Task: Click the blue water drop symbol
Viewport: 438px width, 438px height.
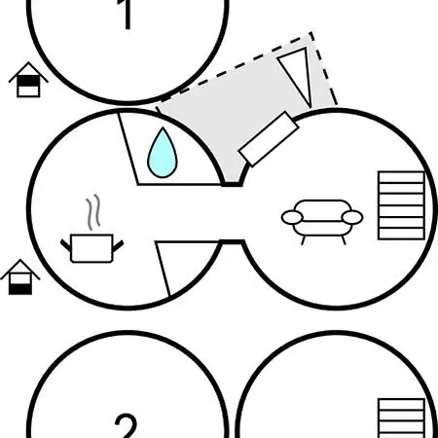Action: tap(163, 154)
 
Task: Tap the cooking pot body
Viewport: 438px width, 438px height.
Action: tap(91, 248)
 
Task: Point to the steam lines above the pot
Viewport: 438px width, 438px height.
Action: tap(93, 212)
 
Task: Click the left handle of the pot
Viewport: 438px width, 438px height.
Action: tap(65, 245)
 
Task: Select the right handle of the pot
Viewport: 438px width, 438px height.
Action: tap(118, 245)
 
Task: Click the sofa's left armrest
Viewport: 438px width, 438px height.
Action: tap(292, 217)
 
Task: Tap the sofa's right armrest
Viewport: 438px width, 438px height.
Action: tap(352, 217)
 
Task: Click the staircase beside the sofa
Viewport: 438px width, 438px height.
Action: tap(402, 205)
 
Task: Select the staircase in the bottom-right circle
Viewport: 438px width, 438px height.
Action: tap(402, 419)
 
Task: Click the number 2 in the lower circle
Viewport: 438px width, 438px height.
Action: tap(126, 425)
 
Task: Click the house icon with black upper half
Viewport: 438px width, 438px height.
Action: tap(28, 80)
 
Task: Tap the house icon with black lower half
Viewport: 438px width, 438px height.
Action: tap(20, 277)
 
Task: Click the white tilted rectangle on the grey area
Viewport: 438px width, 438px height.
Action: tap(269, 139)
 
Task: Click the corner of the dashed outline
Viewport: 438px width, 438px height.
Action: tap(311, 32)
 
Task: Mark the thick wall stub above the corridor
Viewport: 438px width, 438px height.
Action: tap(233, 185)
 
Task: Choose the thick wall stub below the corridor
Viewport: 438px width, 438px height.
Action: tap(232, 241)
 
